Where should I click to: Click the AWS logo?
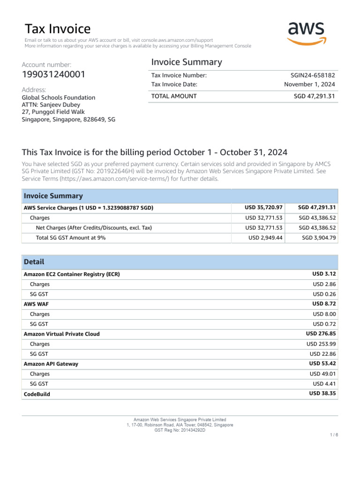click(x=306, y=33)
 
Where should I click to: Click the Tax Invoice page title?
click(x=57, y=29)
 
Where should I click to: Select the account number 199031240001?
click(x=53, y=75)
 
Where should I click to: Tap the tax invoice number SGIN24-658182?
click(x=313, y=75)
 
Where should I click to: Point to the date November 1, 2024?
click(x=309, y=84)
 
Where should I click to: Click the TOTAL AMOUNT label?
click(x=173, y=96)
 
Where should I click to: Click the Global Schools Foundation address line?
click(x=59, y=97)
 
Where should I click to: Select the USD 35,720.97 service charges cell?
click(x=263, y=208)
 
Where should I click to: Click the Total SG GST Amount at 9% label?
click(x=71, y=238)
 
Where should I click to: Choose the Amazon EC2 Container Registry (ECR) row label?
click(x=72, y=274)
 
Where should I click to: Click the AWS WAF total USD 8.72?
click(x=324, y=304)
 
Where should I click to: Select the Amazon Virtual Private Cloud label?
click(x=61, y=334)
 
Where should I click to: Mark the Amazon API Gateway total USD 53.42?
click(x=322, y=364)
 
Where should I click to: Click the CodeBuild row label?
click(x=37, y=394)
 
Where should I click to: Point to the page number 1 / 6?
click(x=334, y=435)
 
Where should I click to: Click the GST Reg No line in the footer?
click(x=180, y=430)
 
